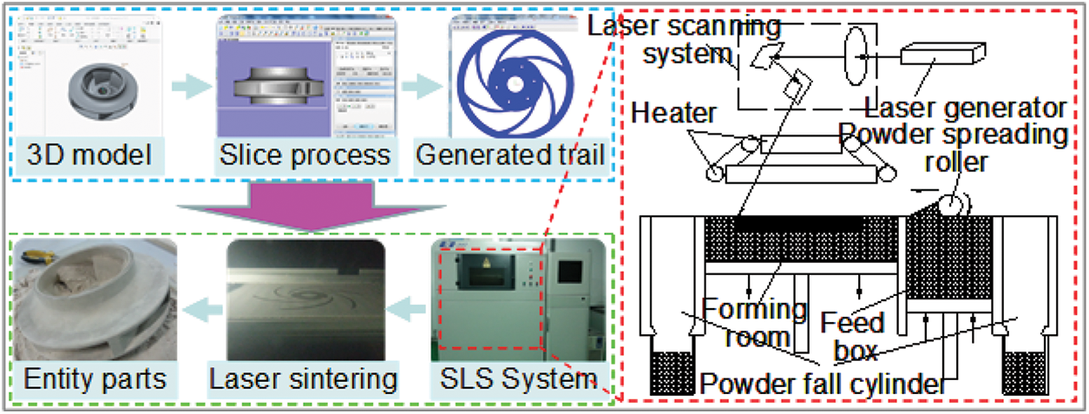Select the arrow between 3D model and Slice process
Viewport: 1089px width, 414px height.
[x=192, y=87]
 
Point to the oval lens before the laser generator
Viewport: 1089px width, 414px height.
[x=857, y=55]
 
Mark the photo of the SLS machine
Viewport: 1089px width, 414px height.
[x=517, y=299]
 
